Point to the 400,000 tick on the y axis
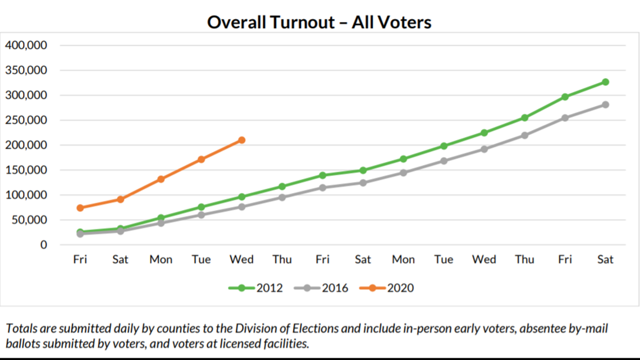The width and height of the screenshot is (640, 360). (x=26, y=45)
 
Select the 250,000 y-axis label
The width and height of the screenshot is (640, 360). (x=26, y=120)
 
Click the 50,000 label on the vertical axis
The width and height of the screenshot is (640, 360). (x=29, y=220)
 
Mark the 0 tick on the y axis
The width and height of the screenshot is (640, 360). (x=43, y=245)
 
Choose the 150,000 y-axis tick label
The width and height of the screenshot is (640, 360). (x=26, y=170)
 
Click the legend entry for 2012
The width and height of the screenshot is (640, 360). (x=255, y=288)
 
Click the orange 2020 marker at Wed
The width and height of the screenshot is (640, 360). (x=241, y=140)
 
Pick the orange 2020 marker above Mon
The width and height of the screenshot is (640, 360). (x=161, y=179)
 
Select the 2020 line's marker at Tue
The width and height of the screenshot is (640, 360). (x=201, y=160)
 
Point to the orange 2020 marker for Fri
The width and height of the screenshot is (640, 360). (x=80, y=208)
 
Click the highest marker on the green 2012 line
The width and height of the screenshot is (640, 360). (x=605, y=82)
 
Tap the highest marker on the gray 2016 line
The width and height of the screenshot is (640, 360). (x=605, y=104)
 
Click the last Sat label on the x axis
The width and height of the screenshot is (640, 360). (x=605, y=259)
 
